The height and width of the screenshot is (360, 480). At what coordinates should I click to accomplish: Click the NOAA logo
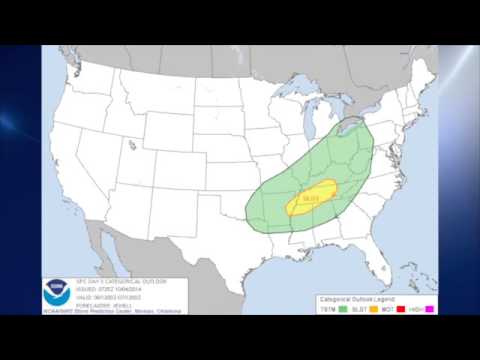(x=53, y=292)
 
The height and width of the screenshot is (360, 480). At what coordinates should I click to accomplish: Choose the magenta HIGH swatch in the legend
(x=430, y=308)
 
